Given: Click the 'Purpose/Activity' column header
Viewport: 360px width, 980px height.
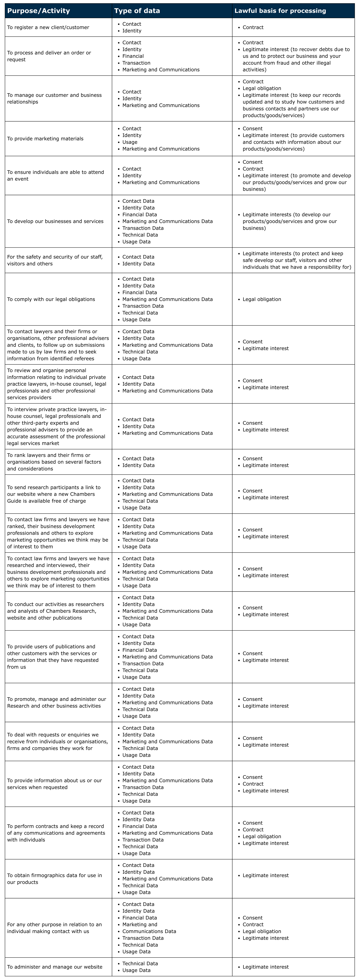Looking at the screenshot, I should click(x=38, y=11).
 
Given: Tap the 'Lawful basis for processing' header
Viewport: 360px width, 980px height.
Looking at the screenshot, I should click(x=280, y=11).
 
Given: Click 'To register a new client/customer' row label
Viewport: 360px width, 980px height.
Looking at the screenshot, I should click(x=48, y=27).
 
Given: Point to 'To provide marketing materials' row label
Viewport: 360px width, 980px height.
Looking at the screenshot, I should click(x=45, y=139).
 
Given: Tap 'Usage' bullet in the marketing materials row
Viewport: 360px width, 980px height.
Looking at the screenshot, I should click(x=130, y=142).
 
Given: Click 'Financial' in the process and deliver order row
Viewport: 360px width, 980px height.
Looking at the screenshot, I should click(x=133, y=56).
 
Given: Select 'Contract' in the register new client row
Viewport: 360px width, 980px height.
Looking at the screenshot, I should click(x=253, y=27).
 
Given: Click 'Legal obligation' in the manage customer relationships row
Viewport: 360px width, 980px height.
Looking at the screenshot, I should click(x=262, y=88).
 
